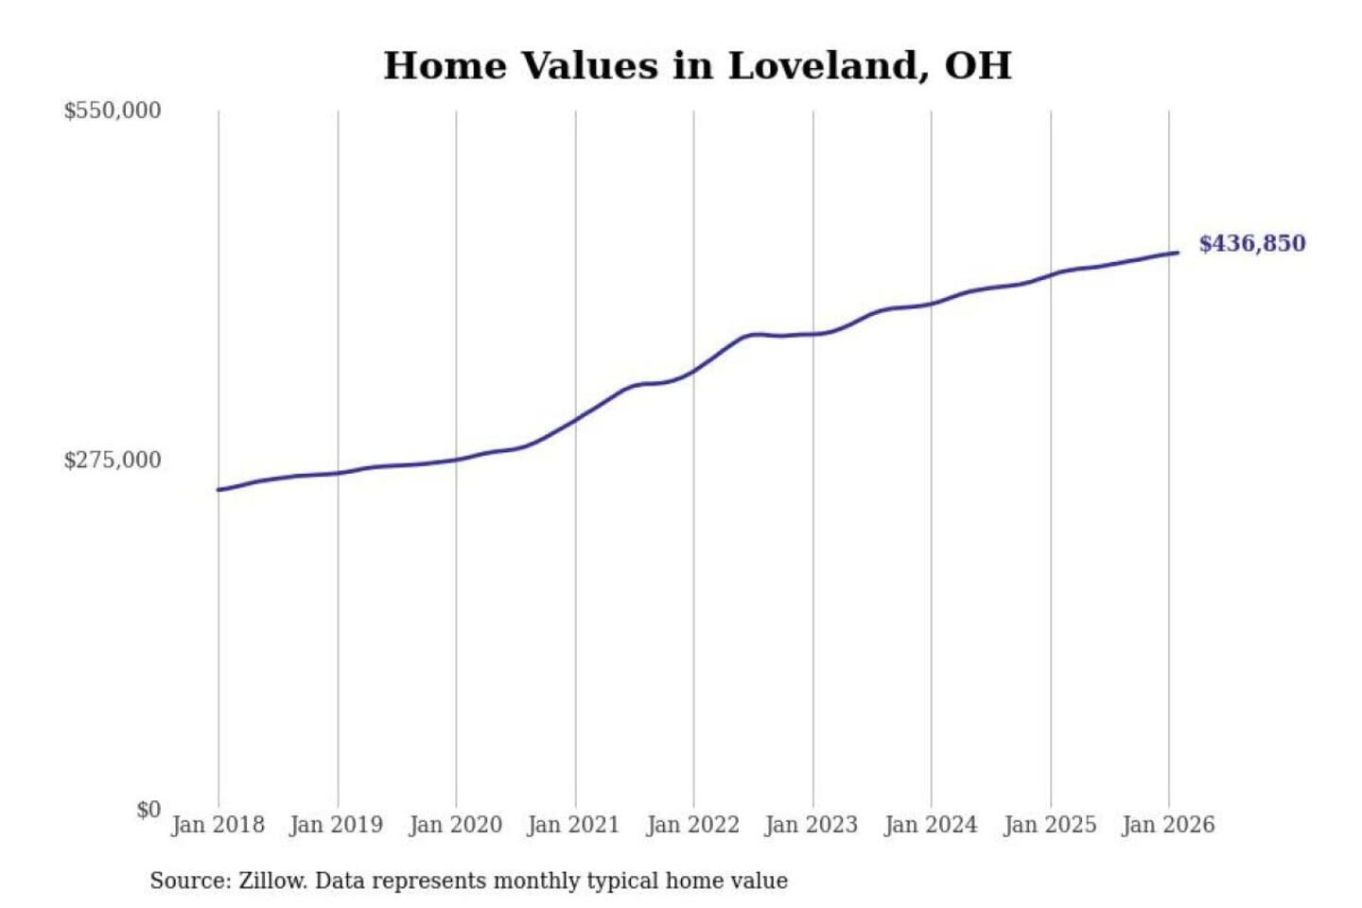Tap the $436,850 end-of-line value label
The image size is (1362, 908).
pos(1251,244)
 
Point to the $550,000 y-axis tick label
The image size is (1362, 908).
pos(113,111)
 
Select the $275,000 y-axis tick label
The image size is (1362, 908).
pos(113,461)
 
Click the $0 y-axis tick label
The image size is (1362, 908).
pos(148,810)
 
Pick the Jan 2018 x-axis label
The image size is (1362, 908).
pos(218,825)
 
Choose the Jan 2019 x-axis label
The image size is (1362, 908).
pos(336,825)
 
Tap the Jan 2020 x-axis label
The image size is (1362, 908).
pos(455,825)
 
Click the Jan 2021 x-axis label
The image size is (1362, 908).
pos(573,825)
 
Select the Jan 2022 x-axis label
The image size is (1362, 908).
pos(692,825)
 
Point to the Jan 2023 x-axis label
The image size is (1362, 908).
pos(811,825)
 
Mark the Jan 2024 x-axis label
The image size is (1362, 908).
pos(930,825)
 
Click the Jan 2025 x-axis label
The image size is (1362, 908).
pos(1049,825)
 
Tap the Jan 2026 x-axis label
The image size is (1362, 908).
pos(1167,825)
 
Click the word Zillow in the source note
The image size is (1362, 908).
pos(272,882)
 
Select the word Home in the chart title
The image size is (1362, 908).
pos(445,66)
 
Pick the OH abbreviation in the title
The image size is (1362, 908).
pos(978,66)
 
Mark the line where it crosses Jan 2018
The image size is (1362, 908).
pos(219,489)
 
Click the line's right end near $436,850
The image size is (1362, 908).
pos(1176,253)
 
